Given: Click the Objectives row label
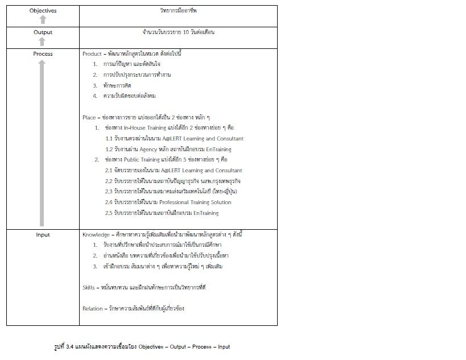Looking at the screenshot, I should tap(43, 11).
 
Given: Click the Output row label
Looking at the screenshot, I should tap(43, 32).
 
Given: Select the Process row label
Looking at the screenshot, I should tap(43, 54).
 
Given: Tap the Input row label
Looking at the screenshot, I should tap(43, 235).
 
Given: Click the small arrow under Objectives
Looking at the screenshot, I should tap(43, 19).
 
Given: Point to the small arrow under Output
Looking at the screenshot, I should tap(43, 41).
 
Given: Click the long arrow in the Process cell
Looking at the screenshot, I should tap(42, 143).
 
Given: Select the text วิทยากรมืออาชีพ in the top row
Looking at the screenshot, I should tap(178, 11).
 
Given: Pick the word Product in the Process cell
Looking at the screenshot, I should tap(92, 54).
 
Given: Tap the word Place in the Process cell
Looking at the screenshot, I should tap(89, 117).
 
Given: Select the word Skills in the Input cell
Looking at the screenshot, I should tap(89, 287).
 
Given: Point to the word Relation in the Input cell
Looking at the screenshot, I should tap(93, 308).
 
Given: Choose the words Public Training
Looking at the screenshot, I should tap(141, 160).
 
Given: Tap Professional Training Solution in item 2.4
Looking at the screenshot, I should tap(195, 202).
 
